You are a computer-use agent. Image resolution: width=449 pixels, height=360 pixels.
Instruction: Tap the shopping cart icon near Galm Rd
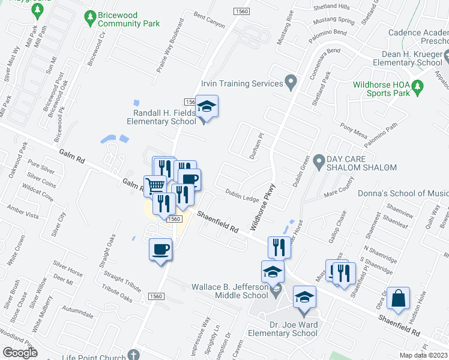coord(155,185)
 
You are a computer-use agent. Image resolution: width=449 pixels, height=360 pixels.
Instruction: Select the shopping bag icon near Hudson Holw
coord(398,298)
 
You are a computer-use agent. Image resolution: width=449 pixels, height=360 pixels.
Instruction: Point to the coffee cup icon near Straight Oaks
coord(161,249)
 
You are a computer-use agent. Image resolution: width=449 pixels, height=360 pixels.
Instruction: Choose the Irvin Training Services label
coord(242,83)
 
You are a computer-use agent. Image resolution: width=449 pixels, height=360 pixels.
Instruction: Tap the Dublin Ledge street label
coord(243,197)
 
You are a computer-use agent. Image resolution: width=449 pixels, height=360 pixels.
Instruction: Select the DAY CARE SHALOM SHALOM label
coord(361,163)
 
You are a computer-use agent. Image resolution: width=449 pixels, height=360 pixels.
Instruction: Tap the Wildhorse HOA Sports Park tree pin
coord(420,86)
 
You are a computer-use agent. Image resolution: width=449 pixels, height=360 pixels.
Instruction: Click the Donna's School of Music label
coord(403,193)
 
